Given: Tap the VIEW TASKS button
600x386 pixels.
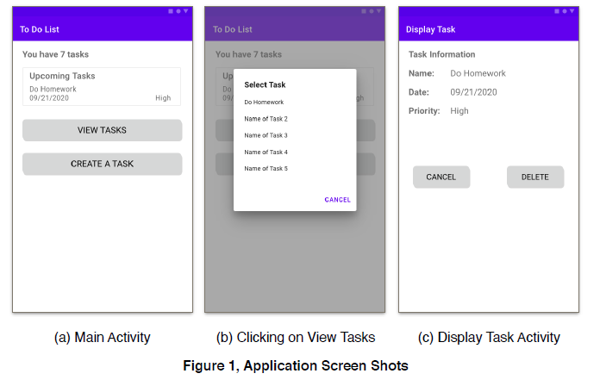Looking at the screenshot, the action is (x=103, y=130).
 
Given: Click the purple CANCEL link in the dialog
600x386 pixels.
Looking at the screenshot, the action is (x=337, y=200).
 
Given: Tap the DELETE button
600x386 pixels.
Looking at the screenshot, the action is (x=535, y=177).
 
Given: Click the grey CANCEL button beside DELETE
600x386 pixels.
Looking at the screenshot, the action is (x=441, y=177).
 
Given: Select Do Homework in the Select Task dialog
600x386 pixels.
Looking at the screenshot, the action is (x=264, y=103).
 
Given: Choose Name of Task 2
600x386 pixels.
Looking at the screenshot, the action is (x=266, y=119).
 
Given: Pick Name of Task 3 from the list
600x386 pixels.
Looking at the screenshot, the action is (x=266, y=135).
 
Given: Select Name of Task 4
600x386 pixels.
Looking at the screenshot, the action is (x=266, y=153).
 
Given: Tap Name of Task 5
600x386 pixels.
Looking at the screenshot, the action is (x=266, y=169).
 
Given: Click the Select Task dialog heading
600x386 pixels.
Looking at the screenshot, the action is (x=265, y=84).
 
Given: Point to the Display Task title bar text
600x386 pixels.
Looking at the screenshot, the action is (x=430, y=29).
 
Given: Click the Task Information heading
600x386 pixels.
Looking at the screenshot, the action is (x=441, y=54).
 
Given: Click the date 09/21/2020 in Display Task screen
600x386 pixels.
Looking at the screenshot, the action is (x=473, y=92).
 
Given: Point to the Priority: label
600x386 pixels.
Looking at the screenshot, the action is (x=424, y=111).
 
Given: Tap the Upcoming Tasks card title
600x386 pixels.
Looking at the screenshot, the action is (x=62, y=76).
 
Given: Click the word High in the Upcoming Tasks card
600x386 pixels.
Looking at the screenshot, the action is (x=163, y=98).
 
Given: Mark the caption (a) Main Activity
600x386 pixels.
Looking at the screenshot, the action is (x=103, y=338).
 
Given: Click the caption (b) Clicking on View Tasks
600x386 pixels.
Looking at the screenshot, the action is (x=296, y=338).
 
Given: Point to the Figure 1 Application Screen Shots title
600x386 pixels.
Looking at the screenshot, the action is (x=296, y=365).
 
